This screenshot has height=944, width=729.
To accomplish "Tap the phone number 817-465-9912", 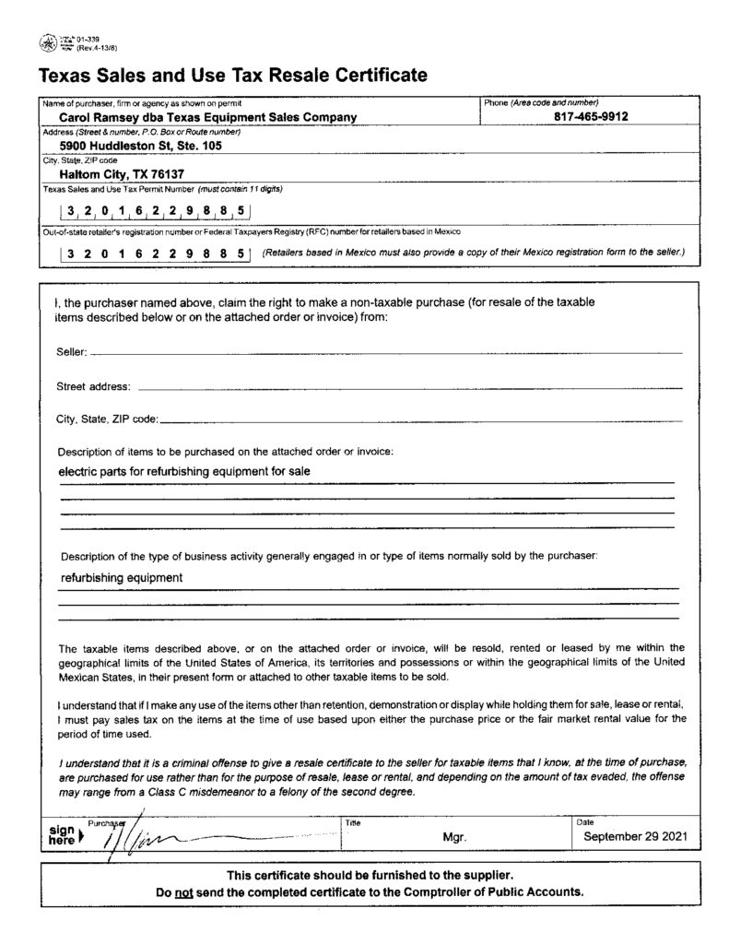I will [592, 118].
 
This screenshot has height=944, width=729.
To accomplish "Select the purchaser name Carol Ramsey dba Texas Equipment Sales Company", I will [207, 118].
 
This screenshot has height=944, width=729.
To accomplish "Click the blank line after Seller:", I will [387, 353].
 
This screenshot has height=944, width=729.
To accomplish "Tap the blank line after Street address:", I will [410, 387].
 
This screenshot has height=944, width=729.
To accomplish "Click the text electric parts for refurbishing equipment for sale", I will [184, 471].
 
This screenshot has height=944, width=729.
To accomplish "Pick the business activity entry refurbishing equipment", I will [122, 578].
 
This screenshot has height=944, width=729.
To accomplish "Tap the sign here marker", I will [65, 834].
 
